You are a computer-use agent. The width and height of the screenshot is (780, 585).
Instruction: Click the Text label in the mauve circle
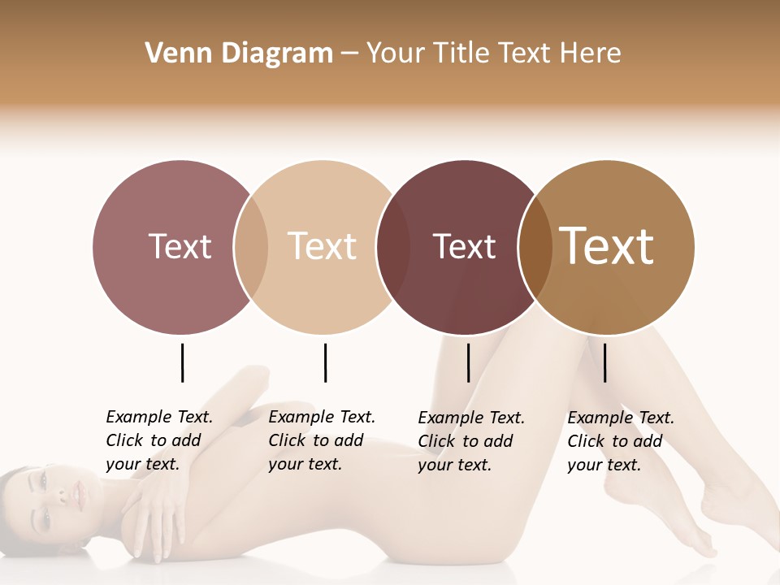[x=180, y=246]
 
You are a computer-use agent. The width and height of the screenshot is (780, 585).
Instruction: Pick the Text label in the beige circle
[x=322, y=246]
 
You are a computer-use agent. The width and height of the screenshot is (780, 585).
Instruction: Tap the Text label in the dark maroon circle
[x=464, y=246]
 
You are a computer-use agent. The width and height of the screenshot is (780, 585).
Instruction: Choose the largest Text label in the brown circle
[x=607, y=246]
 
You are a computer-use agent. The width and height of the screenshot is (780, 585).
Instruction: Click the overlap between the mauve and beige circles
[x=251, y=247]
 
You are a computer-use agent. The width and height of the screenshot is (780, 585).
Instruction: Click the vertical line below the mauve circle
[x=182, y=362]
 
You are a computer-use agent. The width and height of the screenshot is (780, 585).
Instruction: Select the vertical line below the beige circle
[x=325, y=362]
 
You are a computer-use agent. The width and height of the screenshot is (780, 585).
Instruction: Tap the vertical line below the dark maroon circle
[x=468, y=362]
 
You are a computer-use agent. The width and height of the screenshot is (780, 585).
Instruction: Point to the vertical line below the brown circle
[x=604, y=362]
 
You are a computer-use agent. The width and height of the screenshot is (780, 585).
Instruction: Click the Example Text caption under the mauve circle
[x=158, y=440]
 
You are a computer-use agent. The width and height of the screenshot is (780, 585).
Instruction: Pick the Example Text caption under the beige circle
[x=321, y=440]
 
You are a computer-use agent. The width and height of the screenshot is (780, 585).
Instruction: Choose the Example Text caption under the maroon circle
[x=470, y=441]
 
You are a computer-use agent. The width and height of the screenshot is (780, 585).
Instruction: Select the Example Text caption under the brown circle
[x=620, y=441]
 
